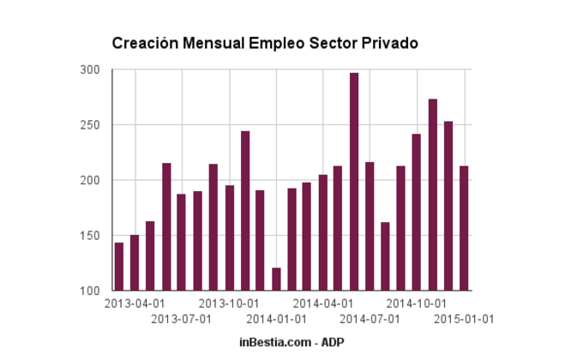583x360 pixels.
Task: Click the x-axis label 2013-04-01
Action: (x=135, y=303)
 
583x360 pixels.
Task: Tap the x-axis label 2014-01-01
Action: (x=276, y=319)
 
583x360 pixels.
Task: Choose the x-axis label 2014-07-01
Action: (x=370, y=319)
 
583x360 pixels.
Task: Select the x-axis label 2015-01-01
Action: (x=464, y=319)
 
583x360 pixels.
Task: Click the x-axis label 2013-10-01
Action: (x=229, y=303)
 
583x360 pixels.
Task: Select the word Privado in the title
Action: (x=391, y=42)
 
